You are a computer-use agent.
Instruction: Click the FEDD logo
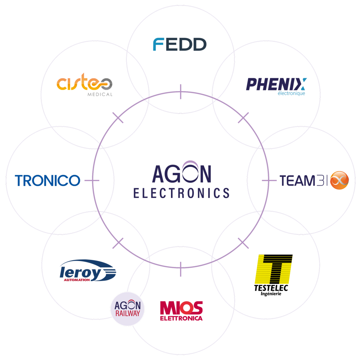point(180,44)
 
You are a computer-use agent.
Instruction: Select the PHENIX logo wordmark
point(276,84)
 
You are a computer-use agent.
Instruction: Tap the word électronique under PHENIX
point(291,93)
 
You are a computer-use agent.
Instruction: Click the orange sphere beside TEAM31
point(339,180)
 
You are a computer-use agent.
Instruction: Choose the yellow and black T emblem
point(273,269)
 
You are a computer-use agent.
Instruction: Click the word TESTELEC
point(271,288)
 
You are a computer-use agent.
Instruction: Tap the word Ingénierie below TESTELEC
point(271,294)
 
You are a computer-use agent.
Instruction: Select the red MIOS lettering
point(181,308)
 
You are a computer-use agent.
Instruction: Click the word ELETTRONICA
point(181,318)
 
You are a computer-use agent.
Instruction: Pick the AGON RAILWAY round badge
point(127,309)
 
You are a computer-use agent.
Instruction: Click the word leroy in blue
point(80,273)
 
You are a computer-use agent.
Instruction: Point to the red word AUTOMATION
point(77,280)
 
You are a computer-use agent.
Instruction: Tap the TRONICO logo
point(48,180)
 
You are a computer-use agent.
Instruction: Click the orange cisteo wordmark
point(84,82)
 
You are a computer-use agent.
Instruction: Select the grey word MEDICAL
point(100,94)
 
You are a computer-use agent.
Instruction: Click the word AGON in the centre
point(181,172)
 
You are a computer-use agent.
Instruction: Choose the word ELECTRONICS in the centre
point(181,193)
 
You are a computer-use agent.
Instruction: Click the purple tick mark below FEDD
point(181,92)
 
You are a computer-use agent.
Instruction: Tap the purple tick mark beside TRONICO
point(92,180)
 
